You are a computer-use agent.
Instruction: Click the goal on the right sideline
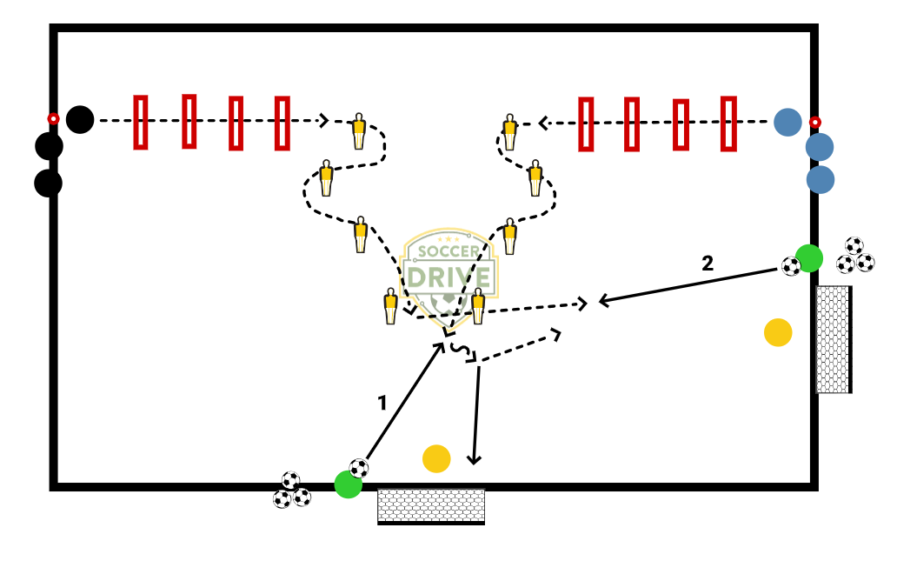(x=833, y=339)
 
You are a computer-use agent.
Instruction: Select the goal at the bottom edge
(x=431, y=506)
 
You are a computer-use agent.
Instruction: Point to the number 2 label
(x=708, y=263)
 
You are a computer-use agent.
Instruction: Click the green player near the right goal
(x=809, y=258)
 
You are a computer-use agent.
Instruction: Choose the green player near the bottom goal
(x=348, y=484)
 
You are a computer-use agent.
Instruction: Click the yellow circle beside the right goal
(x=778, y=332)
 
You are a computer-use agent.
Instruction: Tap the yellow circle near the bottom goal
(x=436, y=458)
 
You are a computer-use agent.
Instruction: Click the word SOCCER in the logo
(x=449, y=251)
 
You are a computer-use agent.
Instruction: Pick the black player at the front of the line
(x=80, y=119)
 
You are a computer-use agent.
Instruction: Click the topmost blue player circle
(x=787, y=122)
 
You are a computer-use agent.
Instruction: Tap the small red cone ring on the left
(x=53, y=118)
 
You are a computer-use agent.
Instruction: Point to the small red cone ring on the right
(x=814, y=122)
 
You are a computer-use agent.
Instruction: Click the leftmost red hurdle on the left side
(x=141, y=122)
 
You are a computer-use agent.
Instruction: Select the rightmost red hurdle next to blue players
(x=728, y=124)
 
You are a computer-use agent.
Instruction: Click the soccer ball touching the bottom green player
(x=359, y=468)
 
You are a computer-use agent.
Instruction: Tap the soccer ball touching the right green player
(x=791, y=266)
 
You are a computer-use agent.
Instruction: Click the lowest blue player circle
(x=820, y=180)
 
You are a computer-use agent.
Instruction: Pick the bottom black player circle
(x=49, y=184)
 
